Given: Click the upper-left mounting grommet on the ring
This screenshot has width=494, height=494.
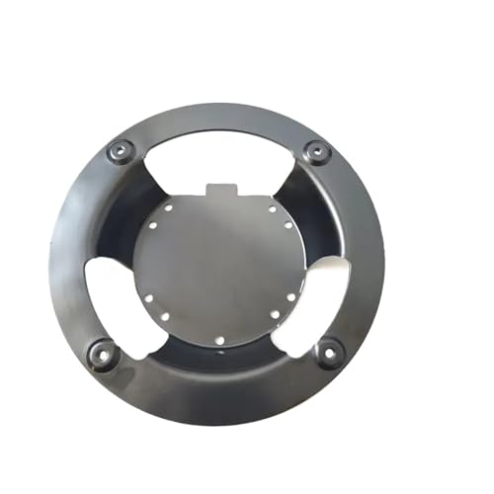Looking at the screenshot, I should point(121,150).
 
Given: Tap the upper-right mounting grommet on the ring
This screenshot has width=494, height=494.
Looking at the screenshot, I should point(316,151).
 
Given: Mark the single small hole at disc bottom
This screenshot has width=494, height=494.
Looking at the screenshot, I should point(219,343).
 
